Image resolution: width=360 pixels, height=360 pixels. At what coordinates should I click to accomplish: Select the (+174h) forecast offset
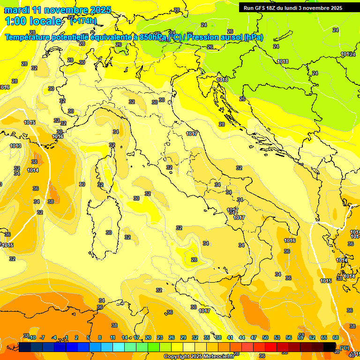click(83, 21)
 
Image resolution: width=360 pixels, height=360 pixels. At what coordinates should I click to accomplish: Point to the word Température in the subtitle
click(28, 37)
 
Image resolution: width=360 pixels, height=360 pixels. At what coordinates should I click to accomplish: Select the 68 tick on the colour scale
click(336, 337)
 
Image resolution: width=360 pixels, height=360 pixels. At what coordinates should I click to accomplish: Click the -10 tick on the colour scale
click(32, 337)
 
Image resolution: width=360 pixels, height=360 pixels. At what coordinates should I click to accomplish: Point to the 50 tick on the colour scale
click(265, 337)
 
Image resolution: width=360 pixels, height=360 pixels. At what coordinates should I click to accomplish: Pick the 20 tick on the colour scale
click(148, 337)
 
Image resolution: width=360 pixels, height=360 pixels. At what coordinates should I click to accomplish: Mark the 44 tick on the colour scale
click(242, 337)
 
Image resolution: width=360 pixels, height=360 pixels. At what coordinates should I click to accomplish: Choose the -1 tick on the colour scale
click(66, 337)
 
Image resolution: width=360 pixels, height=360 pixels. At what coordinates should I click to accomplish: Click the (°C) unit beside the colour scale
click(345, 348)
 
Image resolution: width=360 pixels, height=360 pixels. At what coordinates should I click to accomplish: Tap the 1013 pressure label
click(15, 146)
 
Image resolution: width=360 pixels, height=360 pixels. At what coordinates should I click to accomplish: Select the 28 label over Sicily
click(194, 259)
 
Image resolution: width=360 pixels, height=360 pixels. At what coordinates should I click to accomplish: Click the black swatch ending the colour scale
click(330, 347)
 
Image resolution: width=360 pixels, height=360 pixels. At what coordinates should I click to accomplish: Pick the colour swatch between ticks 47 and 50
click(259, 347)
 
